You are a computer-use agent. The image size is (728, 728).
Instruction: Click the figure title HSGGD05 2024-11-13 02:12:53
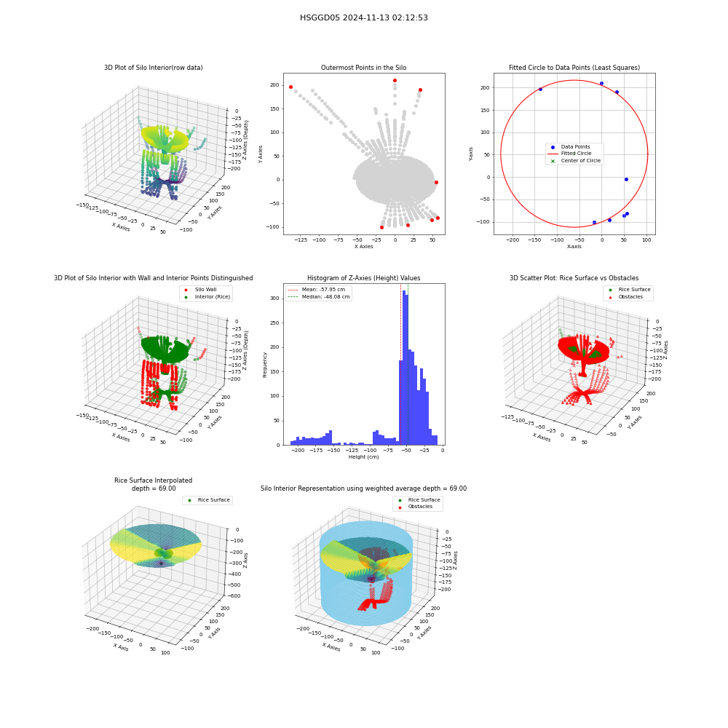(x=363, y=17)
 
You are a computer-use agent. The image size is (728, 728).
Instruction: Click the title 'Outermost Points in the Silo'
(x=363, y=68)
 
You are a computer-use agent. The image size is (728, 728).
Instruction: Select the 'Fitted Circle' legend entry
(x=570, y=153)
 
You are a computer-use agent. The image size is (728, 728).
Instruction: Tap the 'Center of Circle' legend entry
(x=575, y=161)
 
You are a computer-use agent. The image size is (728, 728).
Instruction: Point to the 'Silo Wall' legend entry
(x=200, y=290)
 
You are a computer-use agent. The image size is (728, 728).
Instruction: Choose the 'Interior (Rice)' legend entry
(x=207, y=297)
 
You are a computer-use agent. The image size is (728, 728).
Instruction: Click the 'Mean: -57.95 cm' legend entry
(x=316, y=289)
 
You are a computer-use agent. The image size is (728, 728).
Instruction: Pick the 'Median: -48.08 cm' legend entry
(x=318, y=297)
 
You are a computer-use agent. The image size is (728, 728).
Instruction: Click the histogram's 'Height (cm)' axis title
(x=363, y=457)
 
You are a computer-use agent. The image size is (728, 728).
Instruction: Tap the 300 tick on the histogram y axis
(x=275, y=298)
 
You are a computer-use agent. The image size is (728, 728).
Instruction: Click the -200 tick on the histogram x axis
(x=297, y=451)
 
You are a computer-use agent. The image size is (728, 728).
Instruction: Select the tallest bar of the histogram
(x=404, y=368)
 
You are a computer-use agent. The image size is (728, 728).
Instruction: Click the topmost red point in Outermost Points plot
(x=395, y=80)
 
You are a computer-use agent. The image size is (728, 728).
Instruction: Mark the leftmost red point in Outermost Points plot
(x=290, y=87)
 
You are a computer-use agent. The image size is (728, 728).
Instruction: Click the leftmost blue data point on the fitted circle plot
(x=540, y=89)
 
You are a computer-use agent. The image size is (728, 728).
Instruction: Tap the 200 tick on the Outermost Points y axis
(x=275, y=85)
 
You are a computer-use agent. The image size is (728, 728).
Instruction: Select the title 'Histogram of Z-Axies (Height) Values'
(x=363, y=278)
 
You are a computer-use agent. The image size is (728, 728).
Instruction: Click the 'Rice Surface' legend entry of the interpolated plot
(x=208, y=500)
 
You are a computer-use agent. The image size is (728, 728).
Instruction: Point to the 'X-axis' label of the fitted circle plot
(x=574, y=247)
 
